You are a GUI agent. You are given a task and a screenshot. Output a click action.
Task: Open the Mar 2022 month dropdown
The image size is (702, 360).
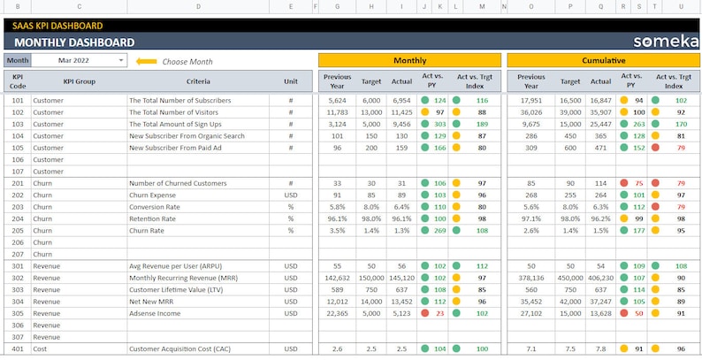click(121, 61)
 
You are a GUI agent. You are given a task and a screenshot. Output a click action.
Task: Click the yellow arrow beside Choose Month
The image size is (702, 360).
click(147, 62)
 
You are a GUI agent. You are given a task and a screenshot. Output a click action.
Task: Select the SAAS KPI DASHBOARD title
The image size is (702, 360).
click(57, 26)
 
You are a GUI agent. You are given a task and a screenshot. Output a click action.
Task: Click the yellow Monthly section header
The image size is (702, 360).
click(409, 60)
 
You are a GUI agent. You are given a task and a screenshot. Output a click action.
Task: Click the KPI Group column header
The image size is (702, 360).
click(79, 81)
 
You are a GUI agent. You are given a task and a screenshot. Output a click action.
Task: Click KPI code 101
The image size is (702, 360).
click(18, 101)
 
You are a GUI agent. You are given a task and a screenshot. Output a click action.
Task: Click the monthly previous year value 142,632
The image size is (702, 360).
click(337, 278)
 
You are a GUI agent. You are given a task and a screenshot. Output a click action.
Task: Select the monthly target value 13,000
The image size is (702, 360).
click(371, 112)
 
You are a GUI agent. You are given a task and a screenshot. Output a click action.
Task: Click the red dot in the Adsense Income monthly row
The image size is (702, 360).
click(425, 313)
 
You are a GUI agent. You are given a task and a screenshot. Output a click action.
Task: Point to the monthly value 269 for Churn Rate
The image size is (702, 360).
click(439, 230)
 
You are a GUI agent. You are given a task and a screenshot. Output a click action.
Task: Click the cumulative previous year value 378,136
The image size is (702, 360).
click(530, 278)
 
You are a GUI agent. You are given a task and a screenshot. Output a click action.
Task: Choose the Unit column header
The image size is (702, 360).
click(291, 81)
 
